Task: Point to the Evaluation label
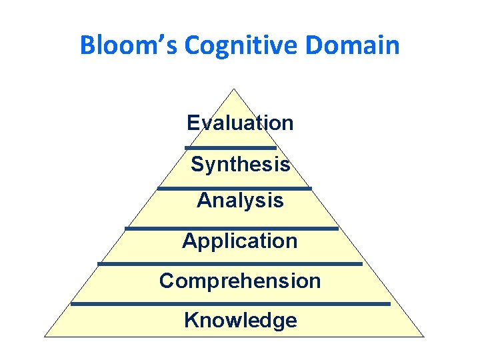pyautogui.click(x=240, y=123)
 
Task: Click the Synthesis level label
pyautogui.click(x=240, y=164)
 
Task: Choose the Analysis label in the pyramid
pyautogui.click(x=240, y=200)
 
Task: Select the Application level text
pyautogui.click(x=240, y=241)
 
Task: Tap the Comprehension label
pyautogui.click(x=240, y=281)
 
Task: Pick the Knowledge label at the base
pyautogui.click(x=240, y=321)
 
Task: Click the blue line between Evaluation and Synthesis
pyautogui.click(x=231, y=147)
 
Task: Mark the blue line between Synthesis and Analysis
pyautogui.click(x=234, y=189)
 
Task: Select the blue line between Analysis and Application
pyautogui.click(x=231, y=229)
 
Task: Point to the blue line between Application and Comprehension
pyautogui.click(x=230, y=264)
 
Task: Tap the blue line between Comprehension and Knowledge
pyautogui.click(x=230, y=304)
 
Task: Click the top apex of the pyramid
pyautogui.click(x=234, y=89)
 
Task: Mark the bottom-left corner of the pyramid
pyautogui.click(x=45, y=337)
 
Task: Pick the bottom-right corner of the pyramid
pyautogui.click(x=423, y=337)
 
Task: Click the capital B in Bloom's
pyautogui.click(x=87, y=46)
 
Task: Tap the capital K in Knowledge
pyautogui.click(x=191, y=321)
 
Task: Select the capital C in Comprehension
pyautogui.click(x=167, y=281)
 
